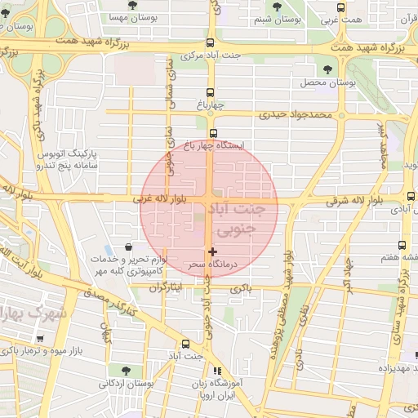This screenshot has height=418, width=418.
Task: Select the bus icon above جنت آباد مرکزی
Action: (x=211, y=42)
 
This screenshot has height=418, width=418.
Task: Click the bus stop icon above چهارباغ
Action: (x=210, y=92)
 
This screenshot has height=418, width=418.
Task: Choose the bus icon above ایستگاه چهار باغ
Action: (x=214, y=133)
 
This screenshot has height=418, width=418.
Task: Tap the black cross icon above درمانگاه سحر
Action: (x=213, y=251)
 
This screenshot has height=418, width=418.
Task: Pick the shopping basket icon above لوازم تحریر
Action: (x=128, y=247)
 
